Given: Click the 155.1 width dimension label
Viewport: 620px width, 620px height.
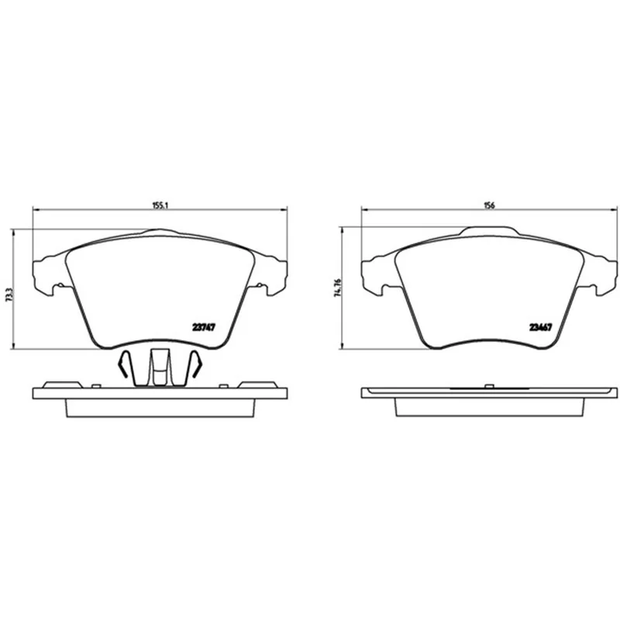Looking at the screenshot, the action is tap(160, 205).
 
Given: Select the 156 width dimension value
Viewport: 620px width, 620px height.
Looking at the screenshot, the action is tap(490, 205).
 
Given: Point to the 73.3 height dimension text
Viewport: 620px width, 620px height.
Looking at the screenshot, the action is tap(10, 295).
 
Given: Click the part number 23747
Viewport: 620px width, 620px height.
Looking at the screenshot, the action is tap(204, 327).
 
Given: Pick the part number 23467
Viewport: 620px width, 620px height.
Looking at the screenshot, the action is tap(540, 327).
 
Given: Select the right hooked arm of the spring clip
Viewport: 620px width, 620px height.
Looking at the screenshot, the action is tap(196, 363).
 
